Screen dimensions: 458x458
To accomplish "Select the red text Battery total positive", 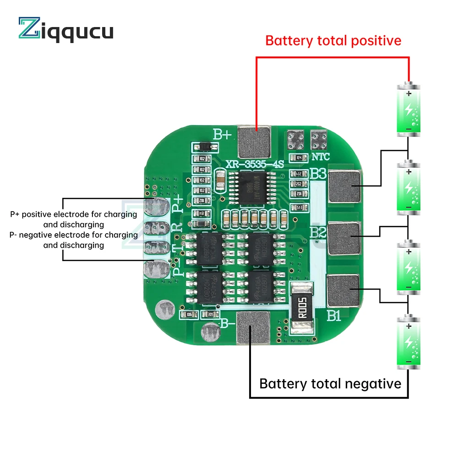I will pyautogui.click(x=333, y=40).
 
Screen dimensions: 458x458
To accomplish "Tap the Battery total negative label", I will pyautogui.click(x=330, y=383).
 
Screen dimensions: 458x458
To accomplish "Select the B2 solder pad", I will pyautogui.click(x=344, y=237).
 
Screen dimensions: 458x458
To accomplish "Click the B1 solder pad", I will pyautogui.click(x=343, y=289).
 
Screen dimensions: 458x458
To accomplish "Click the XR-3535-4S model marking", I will pyautogui.click(x=253, y=164).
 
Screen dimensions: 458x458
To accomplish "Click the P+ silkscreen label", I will pyautogui.click(x=178, y=203).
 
